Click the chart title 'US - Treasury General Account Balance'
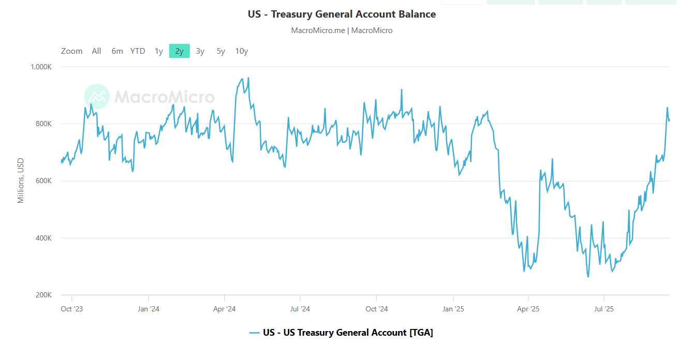pyautogui.click(x=342, y=14)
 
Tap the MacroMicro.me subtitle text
pyautogui.click(x=342, y=31)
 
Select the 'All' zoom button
pyautogui.click(x=96, y=51)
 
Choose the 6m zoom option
pyautogui.click(x=117, y=51)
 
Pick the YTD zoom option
pyautogui.click(x=138, y=51)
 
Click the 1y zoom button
pyautogui.click(x=159, y=51)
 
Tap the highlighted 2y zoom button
pyautogui.click(x=179, y=51)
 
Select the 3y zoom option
pyautogui.click(x=200, y=51)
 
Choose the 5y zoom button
pyautogui.click(x=221, y=51)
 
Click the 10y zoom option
pyautogui.click(x=242, y=51)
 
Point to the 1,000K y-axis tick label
pyautogui.click(x=41, y=67)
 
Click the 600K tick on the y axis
pyautogui.click(x=43, y=181)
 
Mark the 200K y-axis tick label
pyautogui.click(x=43, y=295)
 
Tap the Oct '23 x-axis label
pyautogui.click(x=71, y=309)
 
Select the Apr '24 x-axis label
pyautogui.click(x=224, y=309)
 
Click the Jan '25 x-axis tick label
pyautogui.click(x=453, y=309)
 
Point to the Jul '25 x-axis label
pyautogui.click(x=604, y=309)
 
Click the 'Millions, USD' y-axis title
pyautogui.click(x=21, y=181)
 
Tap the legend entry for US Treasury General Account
pyautogui.click(x=342, y=333)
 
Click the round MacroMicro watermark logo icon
pyautogui.click(x=97, y=97)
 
